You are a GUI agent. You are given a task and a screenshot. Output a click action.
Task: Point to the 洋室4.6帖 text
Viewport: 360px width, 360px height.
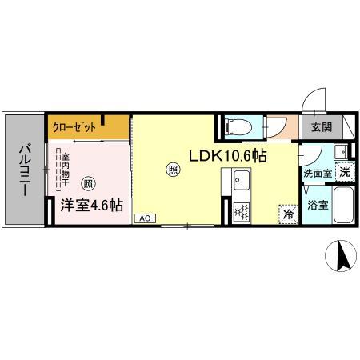(91, 205)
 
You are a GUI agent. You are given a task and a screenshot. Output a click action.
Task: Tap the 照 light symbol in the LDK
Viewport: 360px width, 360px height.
(172, 169)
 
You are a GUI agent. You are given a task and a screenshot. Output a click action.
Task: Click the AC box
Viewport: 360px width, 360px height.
(145, 217)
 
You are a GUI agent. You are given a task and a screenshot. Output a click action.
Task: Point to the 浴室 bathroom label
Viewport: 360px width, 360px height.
(317, 206)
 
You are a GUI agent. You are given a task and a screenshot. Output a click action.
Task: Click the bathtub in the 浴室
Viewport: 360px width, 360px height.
(342, 206)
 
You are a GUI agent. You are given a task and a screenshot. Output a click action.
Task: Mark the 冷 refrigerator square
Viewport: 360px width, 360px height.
(287, 214)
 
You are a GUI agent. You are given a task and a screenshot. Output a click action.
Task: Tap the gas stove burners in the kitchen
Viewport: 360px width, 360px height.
(240, 213)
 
